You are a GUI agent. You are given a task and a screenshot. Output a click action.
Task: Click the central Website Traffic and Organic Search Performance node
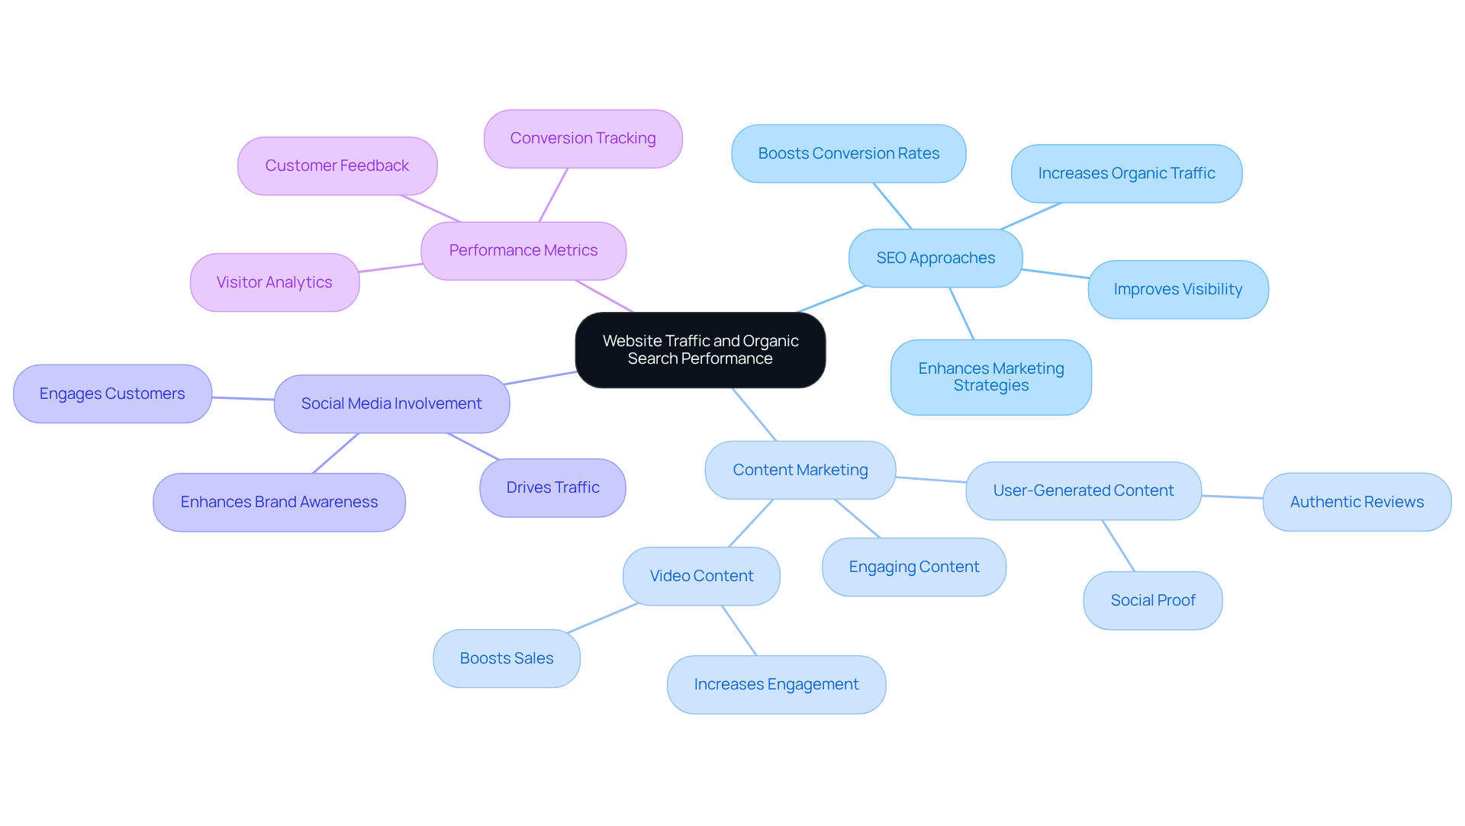click(700, 350)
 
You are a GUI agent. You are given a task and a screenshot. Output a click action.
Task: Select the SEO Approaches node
click(935, 259)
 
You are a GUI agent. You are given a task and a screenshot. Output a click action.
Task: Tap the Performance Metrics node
click(523, 251)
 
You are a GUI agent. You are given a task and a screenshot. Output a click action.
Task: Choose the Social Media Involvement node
click(391, 404)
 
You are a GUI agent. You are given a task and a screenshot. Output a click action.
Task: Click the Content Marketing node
click(800, 471)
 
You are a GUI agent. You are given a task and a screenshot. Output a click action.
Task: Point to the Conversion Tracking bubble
click(583, 139)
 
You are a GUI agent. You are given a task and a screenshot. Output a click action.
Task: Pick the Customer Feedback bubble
click(337, 166)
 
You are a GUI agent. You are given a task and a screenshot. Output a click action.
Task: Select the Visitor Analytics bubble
click(275, 283)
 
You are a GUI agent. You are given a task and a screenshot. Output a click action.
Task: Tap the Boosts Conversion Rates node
click(848, 154)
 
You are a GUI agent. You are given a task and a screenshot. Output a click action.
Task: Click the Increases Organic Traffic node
click(1126, 174)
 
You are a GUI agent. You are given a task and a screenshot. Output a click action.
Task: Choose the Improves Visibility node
click(1178, 290)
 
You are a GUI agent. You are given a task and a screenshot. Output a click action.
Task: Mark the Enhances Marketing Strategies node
click(991, 378)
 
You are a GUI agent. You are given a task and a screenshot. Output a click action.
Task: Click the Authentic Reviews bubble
click(1357, 503)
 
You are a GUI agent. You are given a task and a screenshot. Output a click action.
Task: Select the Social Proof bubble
click(1153, 601)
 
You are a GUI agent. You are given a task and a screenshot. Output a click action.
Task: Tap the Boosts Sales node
click(507, 659)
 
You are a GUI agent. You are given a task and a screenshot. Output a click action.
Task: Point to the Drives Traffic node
click(552, 488)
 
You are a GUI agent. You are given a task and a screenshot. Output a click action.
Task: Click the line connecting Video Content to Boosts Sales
click(603, 618)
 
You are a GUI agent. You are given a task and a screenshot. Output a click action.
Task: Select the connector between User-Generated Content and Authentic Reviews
click(1232, 497)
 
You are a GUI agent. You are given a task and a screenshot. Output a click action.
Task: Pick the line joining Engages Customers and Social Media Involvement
click(243, 398)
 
